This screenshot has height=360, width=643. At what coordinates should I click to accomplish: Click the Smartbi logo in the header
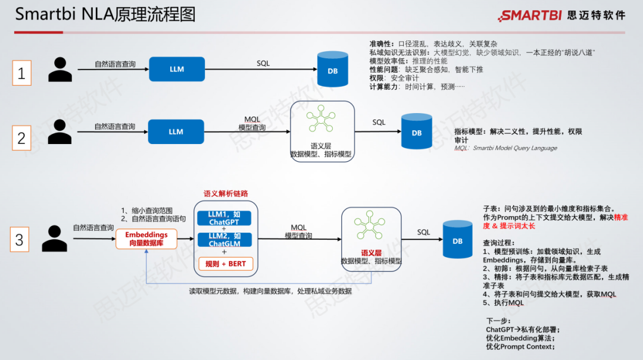[x=562, y=15]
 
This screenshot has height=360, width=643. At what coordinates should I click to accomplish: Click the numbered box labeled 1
[x=21, y=73]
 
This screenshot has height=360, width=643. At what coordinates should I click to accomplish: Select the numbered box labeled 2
[x=21, y=138]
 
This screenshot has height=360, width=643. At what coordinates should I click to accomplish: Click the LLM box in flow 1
[x=176, y=69]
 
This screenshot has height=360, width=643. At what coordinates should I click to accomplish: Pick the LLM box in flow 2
[x=176, y=132]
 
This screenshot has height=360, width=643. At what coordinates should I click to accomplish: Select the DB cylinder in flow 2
[x=416, y=133]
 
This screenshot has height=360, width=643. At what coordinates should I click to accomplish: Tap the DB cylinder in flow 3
[x=457, y=240]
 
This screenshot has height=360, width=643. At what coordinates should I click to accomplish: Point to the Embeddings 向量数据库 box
[x=146, y=239]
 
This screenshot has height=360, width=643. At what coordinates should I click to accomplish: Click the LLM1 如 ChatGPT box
[x=224, y=218]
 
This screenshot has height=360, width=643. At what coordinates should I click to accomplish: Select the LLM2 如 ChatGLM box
[x=224, y=240]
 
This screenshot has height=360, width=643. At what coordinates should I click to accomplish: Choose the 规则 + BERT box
[x=225, y=264]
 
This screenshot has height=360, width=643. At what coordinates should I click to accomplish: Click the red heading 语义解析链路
[x=226, y=194]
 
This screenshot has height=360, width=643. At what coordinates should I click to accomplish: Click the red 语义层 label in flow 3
[x=370, y=252]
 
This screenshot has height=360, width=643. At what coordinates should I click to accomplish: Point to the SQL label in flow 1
[x=263, y=63]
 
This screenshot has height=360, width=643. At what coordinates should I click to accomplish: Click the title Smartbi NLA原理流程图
[x=105, y=14]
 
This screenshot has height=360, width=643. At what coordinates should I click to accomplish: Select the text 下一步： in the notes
[x=498, y=321]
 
